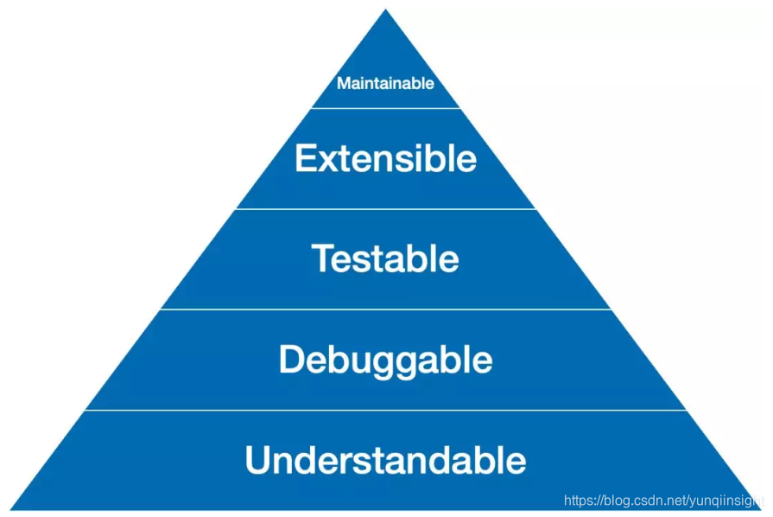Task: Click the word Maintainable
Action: [x=385, y=84]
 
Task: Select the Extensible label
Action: [x=385, y=159]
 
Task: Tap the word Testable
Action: [x=385, y=258]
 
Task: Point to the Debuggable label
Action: [x=385, y=360]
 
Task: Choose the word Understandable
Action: [x=385, y=460]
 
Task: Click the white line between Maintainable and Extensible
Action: [x=385, y=108]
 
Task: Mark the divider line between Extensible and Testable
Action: [x=385, y=209]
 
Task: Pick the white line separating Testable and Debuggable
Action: [x=385, y=310]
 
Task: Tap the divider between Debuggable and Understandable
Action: [x=385, y=410]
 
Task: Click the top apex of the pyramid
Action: [x=385, y=11]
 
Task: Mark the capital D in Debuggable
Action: [x=289, y=360]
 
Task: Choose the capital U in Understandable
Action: [x=257, y=460]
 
